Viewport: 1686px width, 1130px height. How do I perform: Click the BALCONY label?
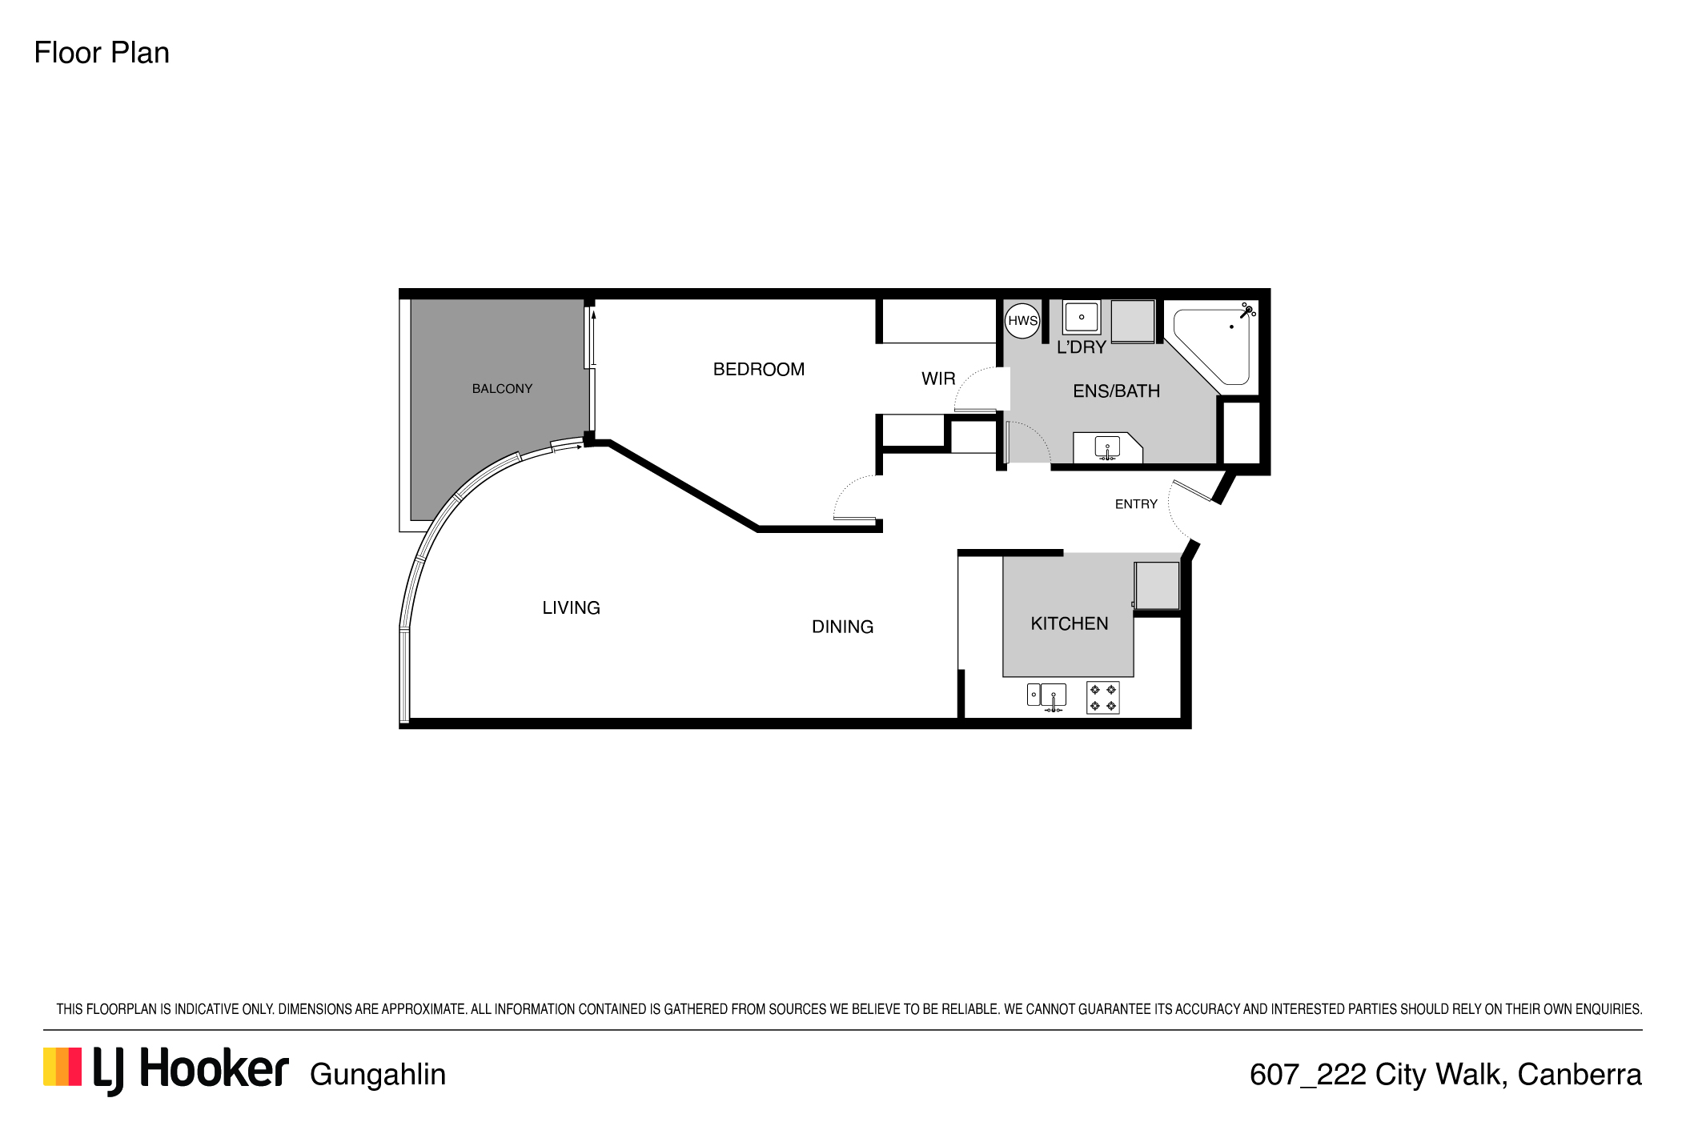pyautogui.click(x=502, y=389)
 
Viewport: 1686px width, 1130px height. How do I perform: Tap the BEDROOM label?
pyautogui.click(x=759, y=370)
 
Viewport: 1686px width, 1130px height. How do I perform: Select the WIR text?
pyautogui.click(x=938, y=379)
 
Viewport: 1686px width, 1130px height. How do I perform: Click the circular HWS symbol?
pyautogui.click(x=1022, y=321)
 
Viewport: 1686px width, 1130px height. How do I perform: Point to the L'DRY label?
pyautogui.click(x=1082, y=347)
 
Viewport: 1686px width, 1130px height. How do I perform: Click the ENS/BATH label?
pyautogui.click(x=1116, y=391)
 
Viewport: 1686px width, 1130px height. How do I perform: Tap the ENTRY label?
pyautogui.click(x=1136, y=504)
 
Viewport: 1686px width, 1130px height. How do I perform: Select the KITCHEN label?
pyautogui.click(x=1070, y=624)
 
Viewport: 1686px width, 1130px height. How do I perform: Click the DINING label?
pyautogui.click(x=842, y=627)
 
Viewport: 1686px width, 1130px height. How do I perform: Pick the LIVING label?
pyautogui.click(x=571, y=608)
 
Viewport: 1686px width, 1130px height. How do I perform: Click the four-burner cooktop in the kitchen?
pyautogui.click(x=1103, y=698)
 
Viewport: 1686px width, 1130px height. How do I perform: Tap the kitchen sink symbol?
pyautogui.click(x=1047, y=697)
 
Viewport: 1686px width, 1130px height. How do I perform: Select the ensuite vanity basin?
pyautogui.click(x=1107, y=448)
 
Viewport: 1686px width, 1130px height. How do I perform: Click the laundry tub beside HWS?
pyautogui.click(x=1082, y=317)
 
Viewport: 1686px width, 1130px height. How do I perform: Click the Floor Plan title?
pyautogui.click(x=102, y=53)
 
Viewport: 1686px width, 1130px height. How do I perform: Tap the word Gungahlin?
pyautogui.click(x=378, y=1075)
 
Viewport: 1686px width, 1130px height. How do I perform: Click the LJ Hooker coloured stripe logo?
pyautogui.click(x=62, y=1067)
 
